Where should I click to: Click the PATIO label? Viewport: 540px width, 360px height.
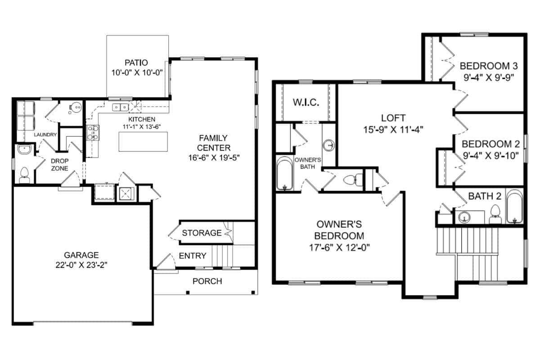tap(136, 63)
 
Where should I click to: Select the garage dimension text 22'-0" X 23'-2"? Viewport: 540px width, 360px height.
tap(81, 265)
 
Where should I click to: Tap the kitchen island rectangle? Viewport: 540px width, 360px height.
tap(143, 142)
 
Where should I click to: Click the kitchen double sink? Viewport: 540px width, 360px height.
tap(120, 107)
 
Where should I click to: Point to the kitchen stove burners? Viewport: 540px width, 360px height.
tap(93, 133)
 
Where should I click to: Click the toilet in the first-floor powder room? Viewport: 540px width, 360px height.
tap(24, 175)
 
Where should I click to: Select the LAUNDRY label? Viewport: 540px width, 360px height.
tap(45, 135)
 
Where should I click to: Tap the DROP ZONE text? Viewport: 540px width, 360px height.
tap(60, 164)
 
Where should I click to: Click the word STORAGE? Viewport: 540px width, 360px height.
tap(202, 233)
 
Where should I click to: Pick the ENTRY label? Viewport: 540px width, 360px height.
tap(193, 256)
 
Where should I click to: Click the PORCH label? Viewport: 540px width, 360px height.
tap(207, 281)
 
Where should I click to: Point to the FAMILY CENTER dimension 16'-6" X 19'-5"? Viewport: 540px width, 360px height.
tap(214, 157)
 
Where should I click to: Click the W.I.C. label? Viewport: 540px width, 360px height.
tap(306, 103)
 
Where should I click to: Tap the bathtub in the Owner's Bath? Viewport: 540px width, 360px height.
tap(285, 173)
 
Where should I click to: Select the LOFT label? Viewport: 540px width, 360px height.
tap(393, 118)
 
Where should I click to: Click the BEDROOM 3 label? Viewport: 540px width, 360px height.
tap(489, 66)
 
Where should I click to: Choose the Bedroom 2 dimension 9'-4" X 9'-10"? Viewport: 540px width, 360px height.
tap(491, 156)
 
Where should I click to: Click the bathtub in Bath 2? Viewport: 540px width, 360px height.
tap(514, 207)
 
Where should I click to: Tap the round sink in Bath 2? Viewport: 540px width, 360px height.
tap(464, 217)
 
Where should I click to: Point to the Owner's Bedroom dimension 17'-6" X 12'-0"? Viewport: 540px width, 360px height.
tap(339, 247)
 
